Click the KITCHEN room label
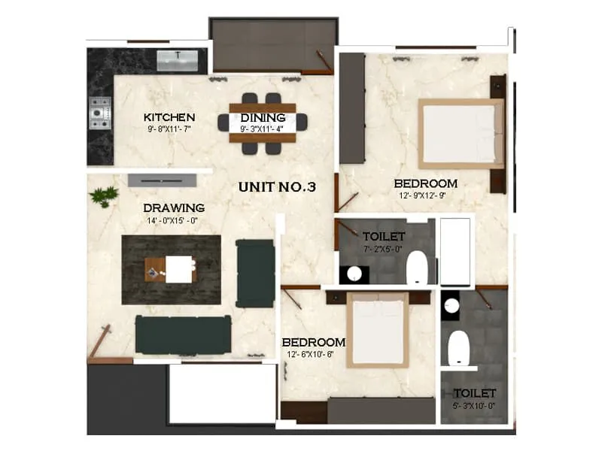tap(169, 117)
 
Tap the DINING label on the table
tap(263, 117)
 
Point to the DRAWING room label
tap(174, 207)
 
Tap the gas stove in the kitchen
tap(99, 114)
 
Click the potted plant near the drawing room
tap(103, 196)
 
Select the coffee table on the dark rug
tap(172, 269)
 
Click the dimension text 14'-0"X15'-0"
tap(174, 222)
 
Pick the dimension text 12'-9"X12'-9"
tap(425, 196)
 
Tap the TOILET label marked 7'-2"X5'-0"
tap(384, 236)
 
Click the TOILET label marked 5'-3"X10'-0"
tap(474, 392)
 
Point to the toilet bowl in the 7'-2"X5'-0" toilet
tap(416, 268)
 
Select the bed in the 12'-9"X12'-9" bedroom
tap(461, 133)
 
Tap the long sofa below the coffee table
tap(183, 334)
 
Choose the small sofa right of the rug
tap(255, 273)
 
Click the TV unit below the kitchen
tap(162, 180)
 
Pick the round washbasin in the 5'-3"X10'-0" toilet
tap(451, 306)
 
